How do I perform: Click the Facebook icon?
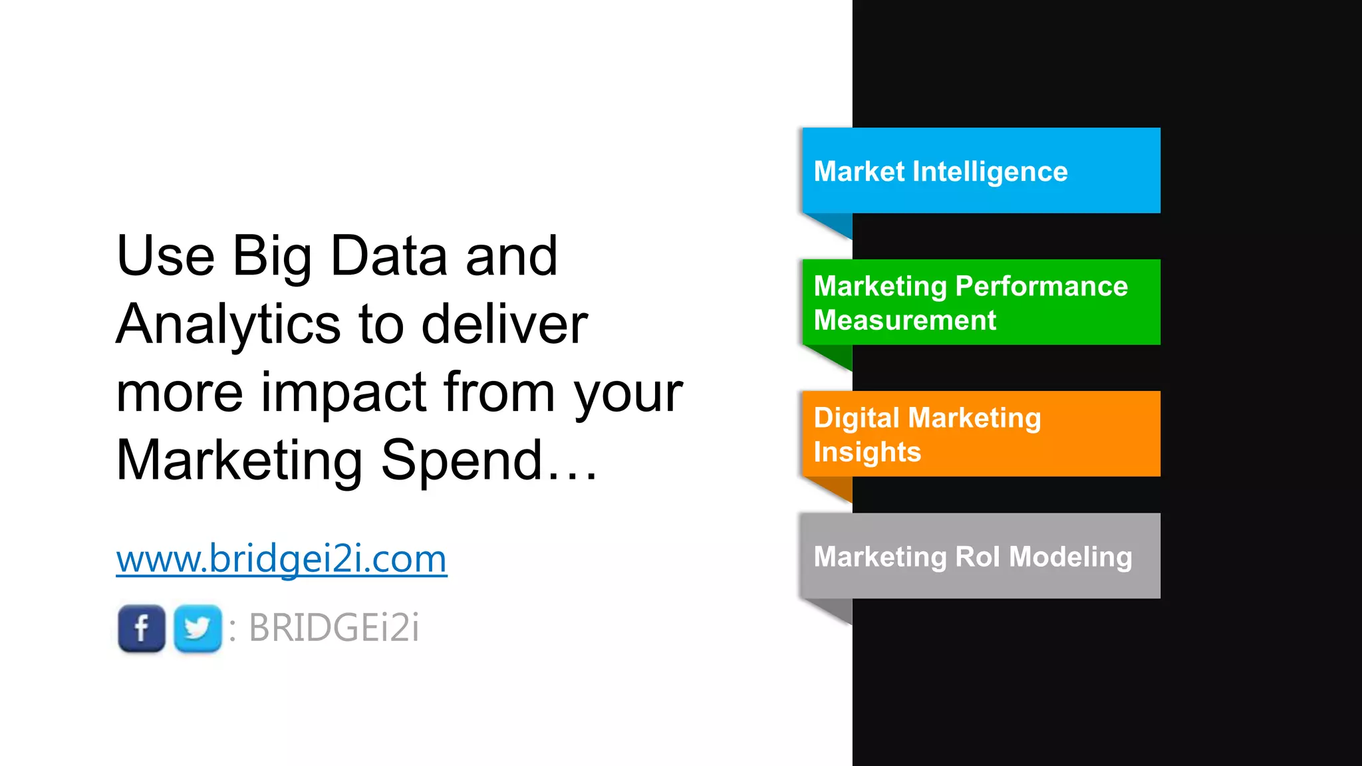[141, 628]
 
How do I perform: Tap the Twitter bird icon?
[198, 628]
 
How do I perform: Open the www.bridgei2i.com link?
[281, 559]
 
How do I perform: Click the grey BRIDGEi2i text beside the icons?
[334, 628]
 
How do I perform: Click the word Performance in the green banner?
[1041, 287]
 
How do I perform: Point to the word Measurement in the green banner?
[905, 320]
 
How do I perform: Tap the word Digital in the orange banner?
[857, 418]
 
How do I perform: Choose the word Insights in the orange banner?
[867, 452]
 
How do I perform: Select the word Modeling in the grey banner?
[1070, 557]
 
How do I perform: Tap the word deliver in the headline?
[505, 324]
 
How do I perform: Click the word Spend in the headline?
[462, 460]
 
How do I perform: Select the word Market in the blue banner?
[859, 172]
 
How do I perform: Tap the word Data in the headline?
[388, 256]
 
